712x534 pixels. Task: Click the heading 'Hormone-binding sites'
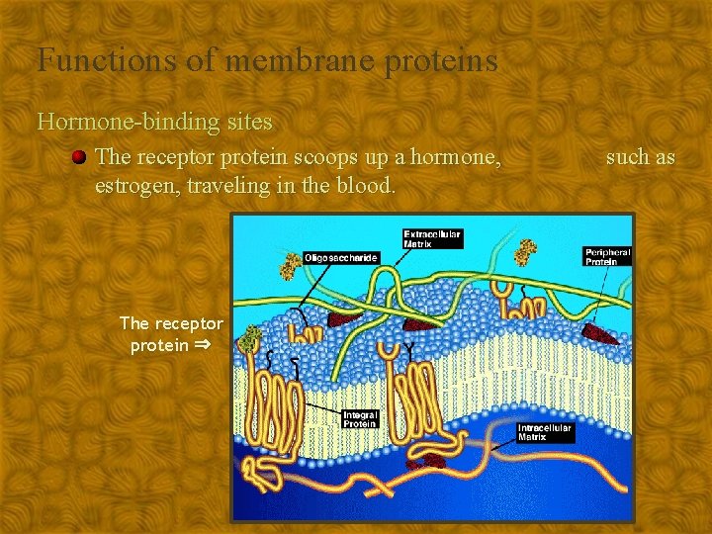click(154, 122)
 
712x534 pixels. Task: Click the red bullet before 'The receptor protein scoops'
click(80, 156)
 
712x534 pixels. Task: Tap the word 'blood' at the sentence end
click(368, 185)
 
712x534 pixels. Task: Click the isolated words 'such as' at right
click(640, 156)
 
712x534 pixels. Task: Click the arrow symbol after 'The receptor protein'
click(202, 345)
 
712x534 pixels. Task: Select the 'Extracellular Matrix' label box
click(432, 238)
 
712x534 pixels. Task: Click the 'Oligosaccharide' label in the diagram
click(340, 257)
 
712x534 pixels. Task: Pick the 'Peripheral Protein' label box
click(607, 256)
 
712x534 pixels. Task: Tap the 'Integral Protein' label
click(359, 418)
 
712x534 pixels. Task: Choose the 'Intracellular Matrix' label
click(545, 432)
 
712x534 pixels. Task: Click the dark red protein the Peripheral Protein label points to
click(599, 332)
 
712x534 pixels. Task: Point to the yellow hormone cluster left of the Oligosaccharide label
click(290, 264)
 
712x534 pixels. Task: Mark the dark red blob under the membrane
click(426, 461)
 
